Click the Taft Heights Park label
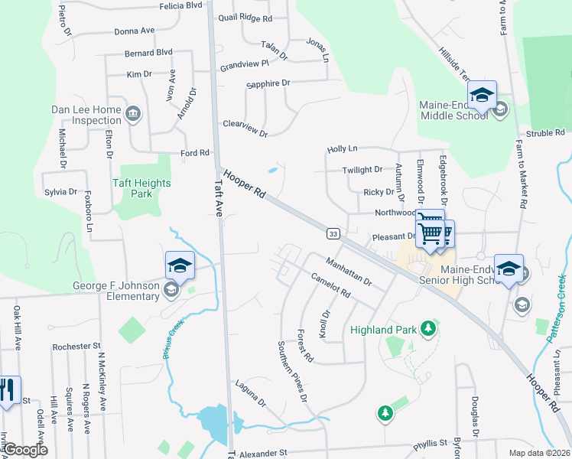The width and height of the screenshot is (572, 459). [141, 188]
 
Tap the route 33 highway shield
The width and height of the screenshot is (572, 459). [333, 233]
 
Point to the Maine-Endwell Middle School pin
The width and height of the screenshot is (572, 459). [482, 94]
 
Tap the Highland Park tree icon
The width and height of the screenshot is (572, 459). [428, 330]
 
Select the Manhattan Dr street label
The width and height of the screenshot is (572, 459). [348, 272]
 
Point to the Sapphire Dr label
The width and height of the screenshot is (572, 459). [268, 83]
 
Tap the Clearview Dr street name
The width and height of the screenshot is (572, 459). [245, 129]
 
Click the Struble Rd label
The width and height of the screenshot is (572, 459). [544, 133]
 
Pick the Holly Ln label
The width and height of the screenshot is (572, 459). [342, 148]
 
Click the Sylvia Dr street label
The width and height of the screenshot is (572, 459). [60, 192]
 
